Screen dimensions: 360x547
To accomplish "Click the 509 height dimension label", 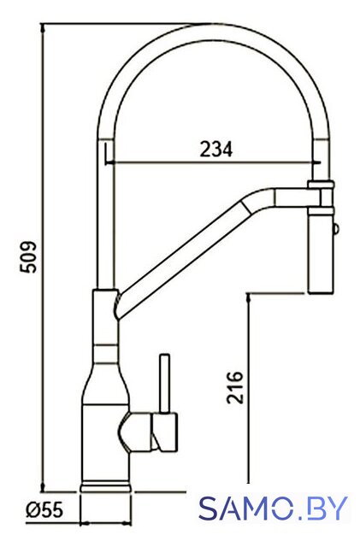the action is [x=27, y=256].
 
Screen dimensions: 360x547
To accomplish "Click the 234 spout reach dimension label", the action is [x=215, y=150].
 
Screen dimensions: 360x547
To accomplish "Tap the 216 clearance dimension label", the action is [x=234, y=387].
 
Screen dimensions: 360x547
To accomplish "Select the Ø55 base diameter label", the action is [x=45, y=510].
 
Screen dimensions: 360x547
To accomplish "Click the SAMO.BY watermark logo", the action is [x=274, y=508].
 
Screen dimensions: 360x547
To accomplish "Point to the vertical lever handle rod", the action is [x=164, y=384].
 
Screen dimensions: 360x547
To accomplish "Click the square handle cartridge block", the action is [x=164, y=432].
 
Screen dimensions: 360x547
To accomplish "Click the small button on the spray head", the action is [x=336, y=229].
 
